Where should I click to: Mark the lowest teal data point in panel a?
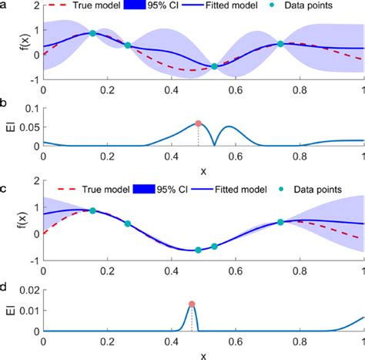[214, 67]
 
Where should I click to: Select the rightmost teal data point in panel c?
[280, 222]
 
